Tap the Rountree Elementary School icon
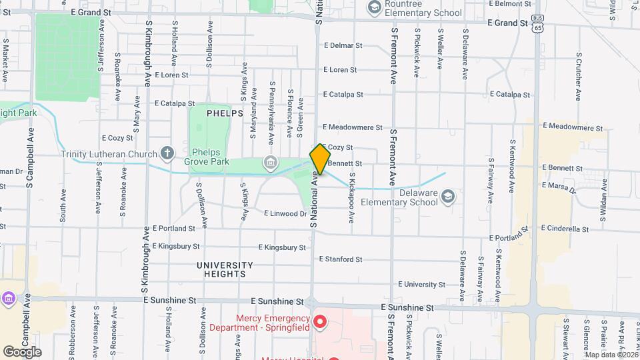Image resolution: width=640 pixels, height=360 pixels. (374, 8)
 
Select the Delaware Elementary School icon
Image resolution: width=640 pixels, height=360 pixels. (448, 195)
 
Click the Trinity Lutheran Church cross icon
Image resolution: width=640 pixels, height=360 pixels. (167, 153)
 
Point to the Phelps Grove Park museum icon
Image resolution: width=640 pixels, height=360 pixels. (271, 162)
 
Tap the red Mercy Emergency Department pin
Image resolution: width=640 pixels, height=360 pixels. (319, 323)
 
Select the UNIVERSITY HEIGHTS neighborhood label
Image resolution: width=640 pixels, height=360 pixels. (225, 269)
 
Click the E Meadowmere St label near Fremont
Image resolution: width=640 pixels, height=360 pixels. (353, 127)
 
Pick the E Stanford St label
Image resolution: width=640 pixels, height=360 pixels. (341, 259)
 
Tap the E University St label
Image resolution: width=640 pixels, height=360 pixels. (421, 285)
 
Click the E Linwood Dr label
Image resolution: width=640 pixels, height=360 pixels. (285, 214)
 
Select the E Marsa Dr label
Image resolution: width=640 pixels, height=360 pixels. (559, 187)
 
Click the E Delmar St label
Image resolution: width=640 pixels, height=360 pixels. (343, 46)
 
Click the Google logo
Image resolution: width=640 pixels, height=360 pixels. (21, 351)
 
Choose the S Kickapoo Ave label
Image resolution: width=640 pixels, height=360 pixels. (351, 199)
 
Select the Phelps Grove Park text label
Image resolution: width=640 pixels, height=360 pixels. (211, 157)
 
